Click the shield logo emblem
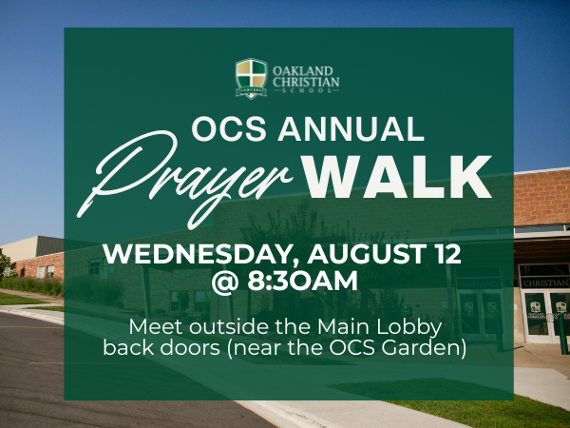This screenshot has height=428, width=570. coord(251,78)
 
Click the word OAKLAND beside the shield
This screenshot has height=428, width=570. coord(303,71)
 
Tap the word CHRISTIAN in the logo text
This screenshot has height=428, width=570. coord(306,82)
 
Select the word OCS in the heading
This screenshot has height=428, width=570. coord(229,128)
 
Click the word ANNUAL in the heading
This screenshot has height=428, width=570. coord(351,128)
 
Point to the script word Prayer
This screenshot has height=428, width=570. coord(184,179)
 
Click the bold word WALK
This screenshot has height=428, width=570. coord(396,177)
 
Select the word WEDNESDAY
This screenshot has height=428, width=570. coord(200,254)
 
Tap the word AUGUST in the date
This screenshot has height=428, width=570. coord(368,254)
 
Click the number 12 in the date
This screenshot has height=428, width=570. coord(448,254)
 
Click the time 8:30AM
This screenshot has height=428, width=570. coord(302,281)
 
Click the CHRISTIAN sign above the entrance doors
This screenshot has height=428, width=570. coord(545,282)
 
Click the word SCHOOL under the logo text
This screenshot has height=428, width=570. coord(306,90)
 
